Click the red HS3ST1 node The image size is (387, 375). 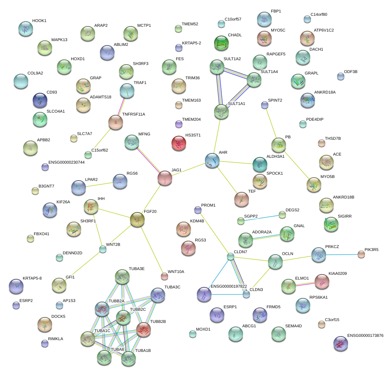(x=179, y=143)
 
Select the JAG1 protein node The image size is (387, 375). (x=165, y=178)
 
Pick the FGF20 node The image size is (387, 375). (x=137, y=219)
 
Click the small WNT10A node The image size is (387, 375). (x=164, y=276)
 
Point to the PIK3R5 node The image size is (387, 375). (x=361, y=254)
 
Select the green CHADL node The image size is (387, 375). (x=221, y=43)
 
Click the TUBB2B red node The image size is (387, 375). (x=144, y=330)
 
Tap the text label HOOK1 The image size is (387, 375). (x=39, y=21)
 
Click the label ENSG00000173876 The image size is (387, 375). (x=365, y=335)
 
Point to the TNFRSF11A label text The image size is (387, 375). (x=134, y=114)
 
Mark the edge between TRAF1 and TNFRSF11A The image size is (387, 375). (x=122, y=105)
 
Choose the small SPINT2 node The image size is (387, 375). (x=265, y=105)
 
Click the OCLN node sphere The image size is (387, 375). (x=275, y=261)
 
